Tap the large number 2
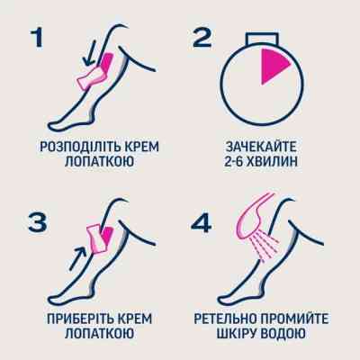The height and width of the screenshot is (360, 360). tap(202, 40)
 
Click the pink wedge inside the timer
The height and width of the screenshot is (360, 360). tap(271, 68)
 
